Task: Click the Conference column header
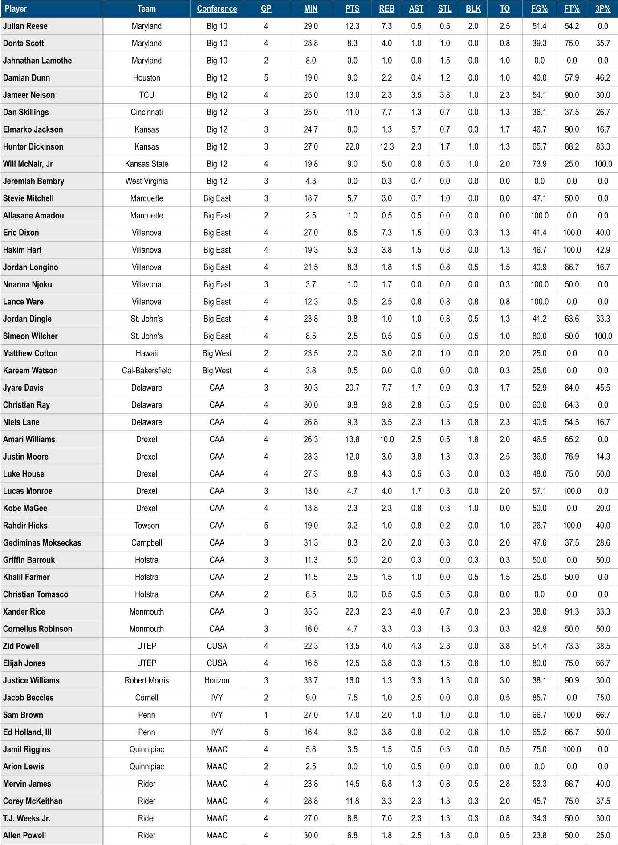tap(217, 8)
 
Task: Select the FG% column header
tap(539, 8)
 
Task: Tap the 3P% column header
tap(603, 8)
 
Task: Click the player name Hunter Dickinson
tap(33, 146)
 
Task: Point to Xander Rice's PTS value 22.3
tap(352, 611)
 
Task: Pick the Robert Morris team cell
tap(146, 680)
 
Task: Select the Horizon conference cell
tap(217, 680)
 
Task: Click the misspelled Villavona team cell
tap(146, 284)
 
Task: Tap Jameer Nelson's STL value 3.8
tap(445, 95)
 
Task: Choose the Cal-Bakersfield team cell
tap(146, 370)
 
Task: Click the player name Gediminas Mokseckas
tap(42, 542)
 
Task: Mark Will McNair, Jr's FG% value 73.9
tap(539, 164)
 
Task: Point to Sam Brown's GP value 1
tap(266, 715)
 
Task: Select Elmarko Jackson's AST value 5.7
tap(416, 129)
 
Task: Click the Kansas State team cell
tap(146, 164)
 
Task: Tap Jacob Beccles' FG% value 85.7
tap(539, 698)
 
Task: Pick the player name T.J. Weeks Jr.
tap(26, 818)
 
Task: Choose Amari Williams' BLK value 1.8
tap(473, 439)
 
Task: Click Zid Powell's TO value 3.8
tap(504, 646)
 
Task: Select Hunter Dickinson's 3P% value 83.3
tap(603, 146)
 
